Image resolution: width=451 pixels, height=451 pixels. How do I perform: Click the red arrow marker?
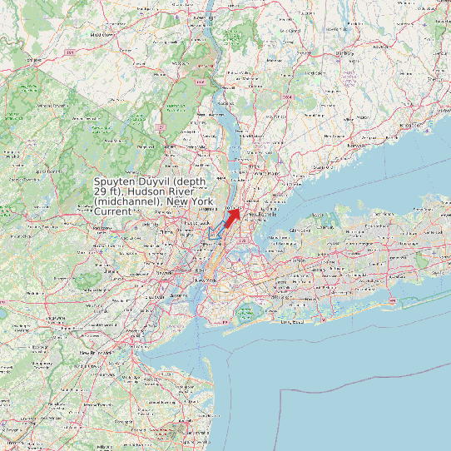pos(232,216)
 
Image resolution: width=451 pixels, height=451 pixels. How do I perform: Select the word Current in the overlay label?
pos(112,211)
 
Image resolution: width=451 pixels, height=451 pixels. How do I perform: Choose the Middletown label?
pos(102,34)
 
